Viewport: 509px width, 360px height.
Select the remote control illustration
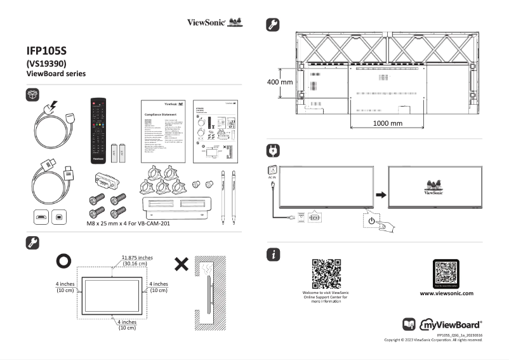coord(98,126)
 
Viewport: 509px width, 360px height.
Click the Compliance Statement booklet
coord(162,130)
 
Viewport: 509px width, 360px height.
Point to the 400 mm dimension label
coord(280,83)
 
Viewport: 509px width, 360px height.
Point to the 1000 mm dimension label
coord(387,123)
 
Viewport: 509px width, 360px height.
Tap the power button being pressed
coord(371,221)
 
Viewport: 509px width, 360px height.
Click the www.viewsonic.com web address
coord(447,293)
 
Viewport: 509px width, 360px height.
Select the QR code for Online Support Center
coord(327,273)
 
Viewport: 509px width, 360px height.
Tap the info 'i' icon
coord(273,255)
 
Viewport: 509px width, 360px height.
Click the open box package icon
coord(33,95)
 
